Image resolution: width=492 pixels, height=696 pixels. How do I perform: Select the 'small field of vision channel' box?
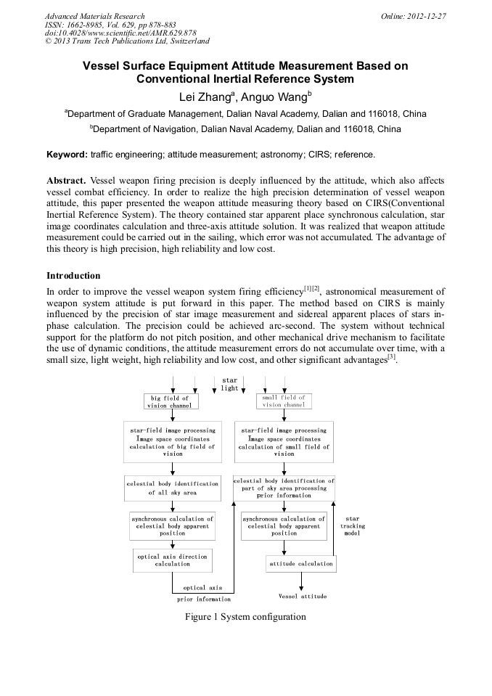pos(283,401)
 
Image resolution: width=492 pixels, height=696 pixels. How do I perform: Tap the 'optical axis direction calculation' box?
pos(172,560)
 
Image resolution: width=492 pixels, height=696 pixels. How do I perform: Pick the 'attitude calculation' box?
pos(300,563)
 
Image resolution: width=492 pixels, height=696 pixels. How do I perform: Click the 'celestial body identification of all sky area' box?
pos(172,488)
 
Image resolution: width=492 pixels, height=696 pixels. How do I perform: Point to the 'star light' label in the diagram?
pos(229,384)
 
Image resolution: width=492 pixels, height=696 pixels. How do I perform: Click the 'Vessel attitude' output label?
pos(302,596)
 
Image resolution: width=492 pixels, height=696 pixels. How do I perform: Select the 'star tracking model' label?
pos(353,525)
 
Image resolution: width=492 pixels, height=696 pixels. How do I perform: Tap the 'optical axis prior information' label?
pos(203,593)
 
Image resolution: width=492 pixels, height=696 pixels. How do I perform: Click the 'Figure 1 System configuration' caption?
pos(245,617)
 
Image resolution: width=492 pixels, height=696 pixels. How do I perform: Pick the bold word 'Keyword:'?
pos(67,155)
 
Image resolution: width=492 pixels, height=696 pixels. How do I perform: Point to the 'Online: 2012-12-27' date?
pos(414,16)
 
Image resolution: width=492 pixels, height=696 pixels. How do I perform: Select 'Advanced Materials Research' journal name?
pos(94,16)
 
